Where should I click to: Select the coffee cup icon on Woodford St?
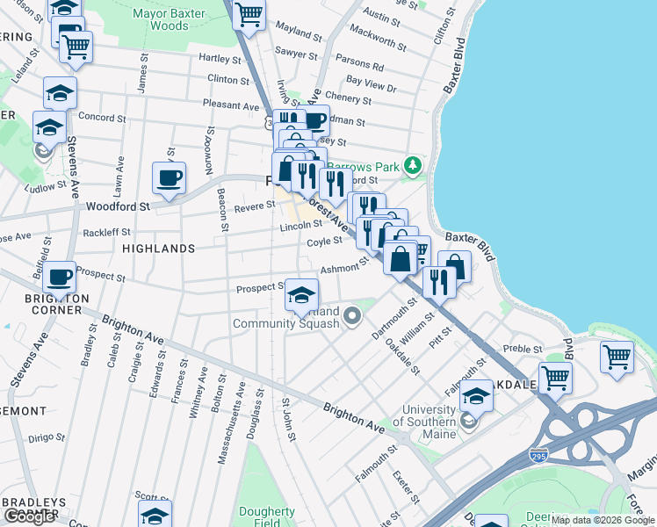click(x=170, y=178)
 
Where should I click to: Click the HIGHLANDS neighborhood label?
click(x=158, y=249)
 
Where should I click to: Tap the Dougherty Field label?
click(x=267, y=518)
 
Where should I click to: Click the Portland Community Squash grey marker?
click(x=352, y=314)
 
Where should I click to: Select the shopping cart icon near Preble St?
click(x=555, y=378)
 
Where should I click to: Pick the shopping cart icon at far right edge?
click(x=617, y=356)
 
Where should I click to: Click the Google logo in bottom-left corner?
click(x=29, y=516)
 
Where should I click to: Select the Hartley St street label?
click(x=220, y=59)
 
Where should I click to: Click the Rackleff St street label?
click(x=106, y=233)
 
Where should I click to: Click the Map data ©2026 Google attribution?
click(x=603, y=520)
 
